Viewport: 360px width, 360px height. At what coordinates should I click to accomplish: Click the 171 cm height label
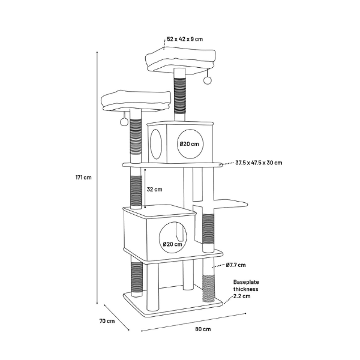(83, 178)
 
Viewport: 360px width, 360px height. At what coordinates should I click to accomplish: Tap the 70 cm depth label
(107, 321)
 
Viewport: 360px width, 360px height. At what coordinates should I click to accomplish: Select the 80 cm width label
(203, 329)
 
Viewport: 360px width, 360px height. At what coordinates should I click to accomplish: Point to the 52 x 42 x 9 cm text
(185, 39)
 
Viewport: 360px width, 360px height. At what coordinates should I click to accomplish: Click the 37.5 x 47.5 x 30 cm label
(259, 163)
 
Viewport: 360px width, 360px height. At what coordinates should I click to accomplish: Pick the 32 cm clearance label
(155, 190)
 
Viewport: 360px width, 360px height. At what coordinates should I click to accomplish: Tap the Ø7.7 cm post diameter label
(236, 265)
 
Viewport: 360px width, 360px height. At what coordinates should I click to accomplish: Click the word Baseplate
(246, 282)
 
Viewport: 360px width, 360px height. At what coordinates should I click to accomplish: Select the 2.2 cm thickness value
(242, 296)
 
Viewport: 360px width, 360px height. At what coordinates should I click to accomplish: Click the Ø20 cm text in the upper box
(190, 144)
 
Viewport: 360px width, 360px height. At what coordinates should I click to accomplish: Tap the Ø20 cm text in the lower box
(172, 244)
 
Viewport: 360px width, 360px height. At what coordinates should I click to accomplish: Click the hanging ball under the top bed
(208, 80)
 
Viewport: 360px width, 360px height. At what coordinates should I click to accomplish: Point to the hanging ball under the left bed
(124, 122)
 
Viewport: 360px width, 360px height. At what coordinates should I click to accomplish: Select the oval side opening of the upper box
(155, 144)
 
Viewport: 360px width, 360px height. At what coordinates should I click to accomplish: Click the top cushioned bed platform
(181, 60)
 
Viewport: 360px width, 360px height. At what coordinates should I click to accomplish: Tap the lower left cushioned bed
(136, 101)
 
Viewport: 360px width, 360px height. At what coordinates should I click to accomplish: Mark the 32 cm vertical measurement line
(145, 188)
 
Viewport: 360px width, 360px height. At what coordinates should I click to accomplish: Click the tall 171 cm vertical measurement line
(97, 178)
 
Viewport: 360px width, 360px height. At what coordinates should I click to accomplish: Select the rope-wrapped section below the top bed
(179, 95)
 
